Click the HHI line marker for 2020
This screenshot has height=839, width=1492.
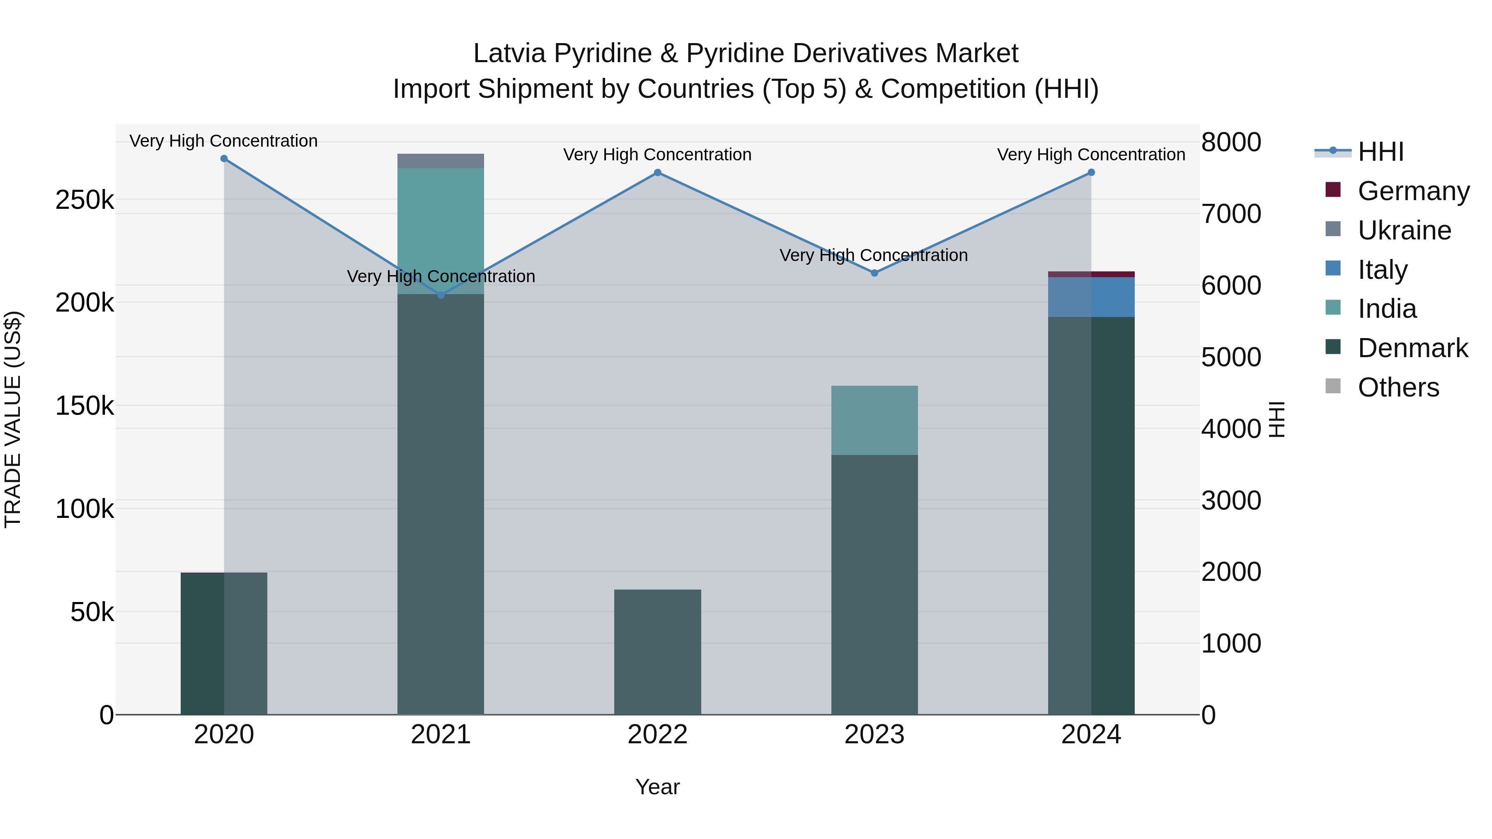tap(224, 159)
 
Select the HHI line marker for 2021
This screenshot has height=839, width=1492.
tap(441, 295)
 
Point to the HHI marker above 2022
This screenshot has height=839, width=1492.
tap(657, 172)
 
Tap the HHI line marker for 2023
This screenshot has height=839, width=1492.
tap(874, 273)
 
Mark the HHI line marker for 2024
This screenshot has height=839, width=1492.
tap(1091, 172)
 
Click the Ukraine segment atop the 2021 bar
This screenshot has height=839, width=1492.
tap(441, 161)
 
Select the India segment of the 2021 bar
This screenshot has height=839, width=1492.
tap(441, 231)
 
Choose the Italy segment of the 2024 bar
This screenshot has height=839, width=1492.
tap(1091, 297)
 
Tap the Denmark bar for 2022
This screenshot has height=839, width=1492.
tap(657, 651)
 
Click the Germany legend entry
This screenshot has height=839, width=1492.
tap(1413, 191)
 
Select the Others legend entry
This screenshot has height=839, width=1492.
tap(1398, 387)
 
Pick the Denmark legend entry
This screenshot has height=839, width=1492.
tap(1413, 348)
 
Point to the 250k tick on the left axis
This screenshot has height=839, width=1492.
tap(85, 201)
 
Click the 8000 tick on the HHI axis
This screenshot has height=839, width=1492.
tap(1231, 143)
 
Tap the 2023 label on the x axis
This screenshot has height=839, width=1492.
tap(874, 735)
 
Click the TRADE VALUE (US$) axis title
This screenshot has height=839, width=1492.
tap(13, 419)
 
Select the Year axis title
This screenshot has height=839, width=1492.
tap(657, 787)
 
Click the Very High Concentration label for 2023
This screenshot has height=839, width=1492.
tap(873, 255)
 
